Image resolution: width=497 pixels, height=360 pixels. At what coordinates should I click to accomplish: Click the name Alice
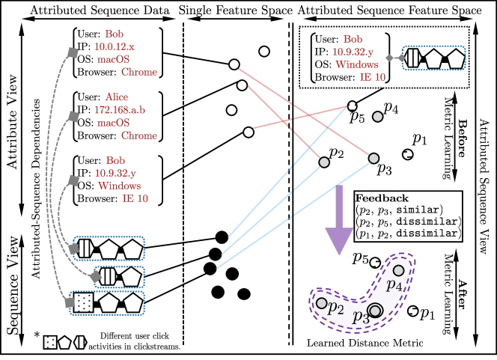(x=117, y=97)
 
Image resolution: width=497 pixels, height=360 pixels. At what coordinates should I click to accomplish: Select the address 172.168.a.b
(x=120, y=110)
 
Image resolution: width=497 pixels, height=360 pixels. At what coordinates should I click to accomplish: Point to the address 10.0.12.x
(x=115, y=46)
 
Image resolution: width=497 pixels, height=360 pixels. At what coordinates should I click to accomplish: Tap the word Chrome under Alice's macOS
(x=139, y=135)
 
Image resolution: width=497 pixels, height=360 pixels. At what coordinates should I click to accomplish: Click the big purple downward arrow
(x=339, y=221)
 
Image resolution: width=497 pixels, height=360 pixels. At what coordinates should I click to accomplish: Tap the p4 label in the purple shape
(x=394, y=284)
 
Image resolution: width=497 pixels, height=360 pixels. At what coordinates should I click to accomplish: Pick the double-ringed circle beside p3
(x=375, y=310)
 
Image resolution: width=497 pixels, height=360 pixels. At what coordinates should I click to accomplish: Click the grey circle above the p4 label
(x=399, y=270)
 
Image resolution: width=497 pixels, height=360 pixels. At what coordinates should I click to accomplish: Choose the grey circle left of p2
(x=321, y=303)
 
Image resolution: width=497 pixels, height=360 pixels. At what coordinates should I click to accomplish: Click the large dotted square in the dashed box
(x=84, y=302)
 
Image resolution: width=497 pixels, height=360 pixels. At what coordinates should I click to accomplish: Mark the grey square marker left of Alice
(x=74, y=116)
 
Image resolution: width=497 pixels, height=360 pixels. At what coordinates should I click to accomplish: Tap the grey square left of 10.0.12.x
(x=73, y=52)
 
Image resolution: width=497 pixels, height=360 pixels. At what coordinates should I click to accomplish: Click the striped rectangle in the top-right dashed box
(x=412, y=58)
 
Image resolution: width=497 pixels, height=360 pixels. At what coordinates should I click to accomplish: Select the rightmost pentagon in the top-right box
(x=455, y=58)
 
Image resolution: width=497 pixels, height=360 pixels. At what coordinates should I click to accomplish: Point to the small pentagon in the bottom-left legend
(x=65, y=343)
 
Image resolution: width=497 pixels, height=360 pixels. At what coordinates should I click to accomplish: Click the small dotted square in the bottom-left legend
(x=50, y=342)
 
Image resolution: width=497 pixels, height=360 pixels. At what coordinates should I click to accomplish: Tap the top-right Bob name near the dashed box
(x=353, y=39)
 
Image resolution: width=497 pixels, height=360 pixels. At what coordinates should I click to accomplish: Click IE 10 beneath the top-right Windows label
(x=372, y=76)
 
